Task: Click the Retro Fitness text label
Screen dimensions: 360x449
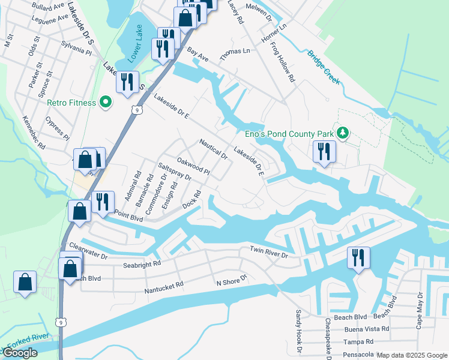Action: [71, 103]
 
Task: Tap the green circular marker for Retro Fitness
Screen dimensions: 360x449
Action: [106, 102]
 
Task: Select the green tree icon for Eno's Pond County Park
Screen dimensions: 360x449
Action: [343, 132]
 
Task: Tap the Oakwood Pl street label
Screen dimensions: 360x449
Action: [193, 166]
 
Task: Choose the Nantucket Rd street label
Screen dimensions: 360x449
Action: [163, 290]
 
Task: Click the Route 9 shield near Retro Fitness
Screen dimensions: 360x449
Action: [137, 110]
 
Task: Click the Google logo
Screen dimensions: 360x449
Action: [20, 353]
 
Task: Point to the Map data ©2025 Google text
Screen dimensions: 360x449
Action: [412, 355]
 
